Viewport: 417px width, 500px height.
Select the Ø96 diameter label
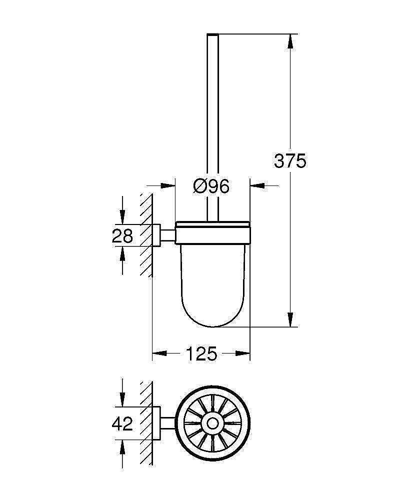coord(211,186)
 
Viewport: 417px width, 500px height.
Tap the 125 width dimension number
coord(201,353)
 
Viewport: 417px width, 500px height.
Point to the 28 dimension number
coord(122,236)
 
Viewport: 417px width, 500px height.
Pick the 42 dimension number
coord(122,424)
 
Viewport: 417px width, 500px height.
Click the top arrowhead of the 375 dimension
coord(290,41)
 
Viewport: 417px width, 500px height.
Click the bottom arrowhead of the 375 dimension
coord(290,319)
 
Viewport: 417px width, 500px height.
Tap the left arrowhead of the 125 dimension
coord(159,353)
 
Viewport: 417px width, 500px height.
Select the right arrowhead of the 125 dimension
coord(242,353)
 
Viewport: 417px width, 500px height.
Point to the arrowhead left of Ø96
coord(168,185)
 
